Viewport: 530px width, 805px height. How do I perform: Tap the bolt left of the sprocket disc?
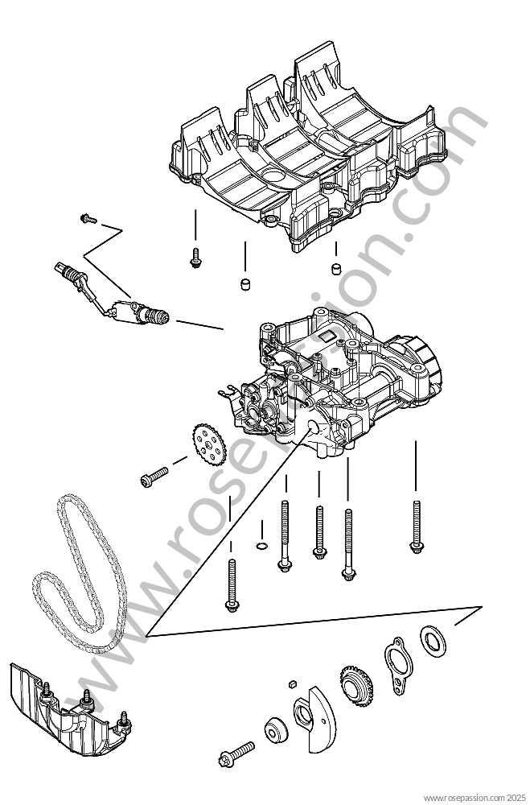click(x=154, y=476)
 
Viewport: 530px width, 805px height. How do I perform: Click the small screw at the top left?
click(x=88, y=219)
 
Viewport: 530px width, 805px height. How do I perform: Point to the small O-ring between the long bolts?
click(x=261, y=545)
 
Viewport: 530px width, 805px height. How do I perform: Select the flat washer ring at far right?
click(x=433, y=641)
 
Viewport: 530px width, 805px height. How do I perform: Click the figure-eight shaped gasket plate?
click(x=396, y=665)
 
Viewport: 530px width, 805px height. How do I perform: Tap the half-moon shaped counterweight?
click(x=314, y=718)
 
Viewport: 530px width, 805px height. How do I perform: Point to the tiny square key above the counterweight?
click(x=292, y=683)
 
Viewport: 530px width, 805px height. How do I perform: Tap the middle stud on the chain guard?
click(x=87, y=698)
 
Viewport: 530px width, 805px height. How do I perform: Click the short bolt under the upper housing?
click(x=195, y=258)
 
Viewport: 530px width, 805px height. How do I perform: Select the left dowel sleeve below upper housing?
click(x=244, y=283)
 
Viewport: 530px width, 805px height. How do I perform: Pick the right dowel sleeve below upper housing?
click(x=335, y=268)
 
